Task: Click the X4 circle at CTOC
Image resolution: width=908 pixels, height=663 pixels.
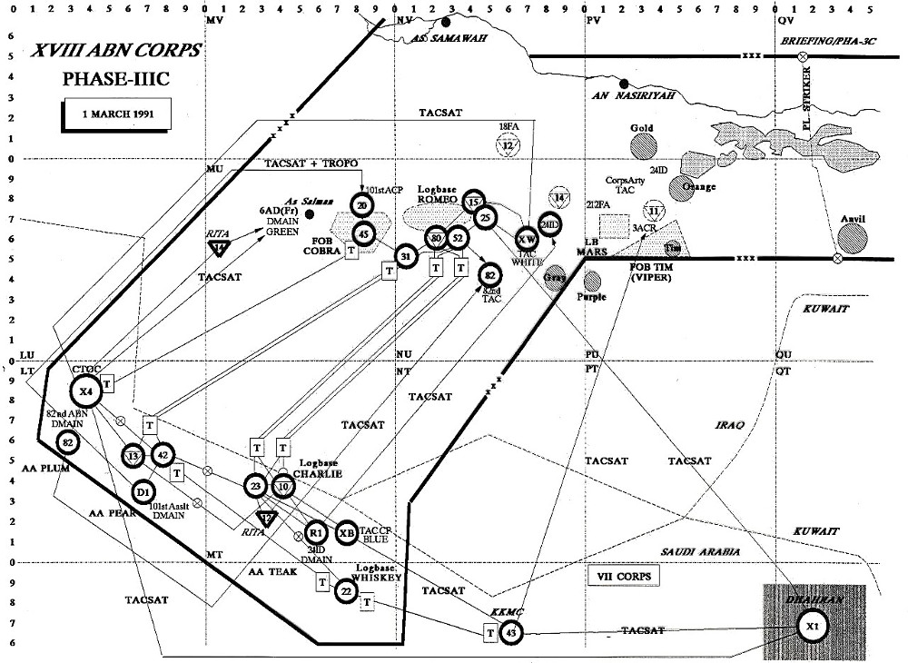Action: click(85, 391)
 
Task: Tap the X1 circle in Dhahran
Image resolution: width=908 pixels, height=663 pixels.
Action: click(811, 626)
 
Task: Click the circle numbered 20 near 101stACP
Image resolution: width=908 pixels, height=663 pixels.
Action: click(362, 205)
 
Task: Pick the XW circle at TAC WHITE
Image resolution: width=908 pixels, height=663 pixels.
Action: click(527, 239)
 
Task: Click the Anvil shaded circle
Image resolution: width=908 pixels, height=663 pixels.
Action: click(854, 239)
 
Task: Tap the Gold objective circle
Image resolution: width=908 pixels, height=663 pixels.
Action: click(642, 145)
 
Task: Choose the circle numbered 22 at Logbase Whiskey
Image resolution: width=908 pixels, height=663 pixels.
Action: click(346, 591)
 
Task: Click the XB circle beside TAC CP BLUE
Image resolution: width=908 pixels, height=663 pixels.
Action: click(346, 533)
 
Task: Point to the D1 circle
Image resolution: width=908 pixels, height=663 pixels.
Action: click(143, 492)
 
